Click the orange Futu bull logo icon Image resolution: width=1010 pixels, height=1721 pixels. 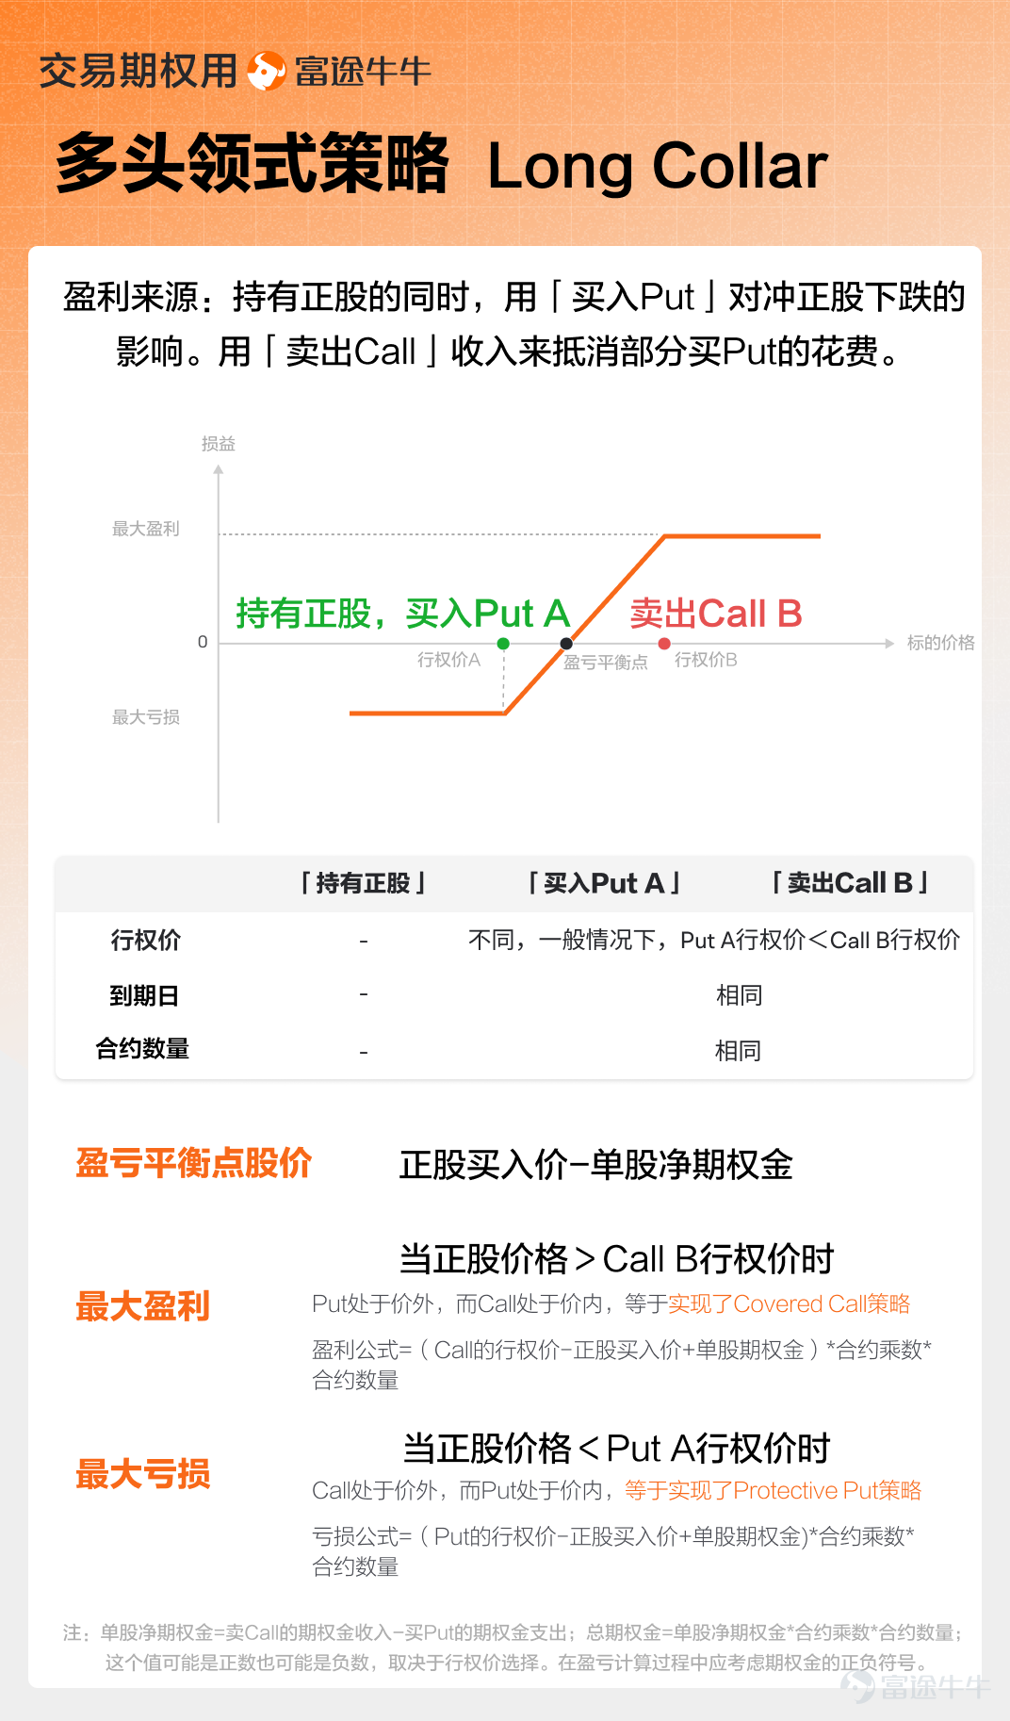click(267, 71)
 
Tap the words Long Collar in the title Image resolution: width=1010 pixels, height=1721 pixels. click(658, 167)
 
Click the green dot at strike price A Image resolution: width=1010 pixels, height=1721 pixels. click(503, 644)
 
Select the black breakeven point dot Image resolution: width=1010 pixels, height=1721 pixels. click(566, 644)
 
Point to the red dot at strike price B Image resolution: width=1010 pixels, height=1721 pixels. click(664, 644)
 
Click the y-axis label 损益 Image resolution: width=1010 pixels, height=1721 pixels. click(219, 444)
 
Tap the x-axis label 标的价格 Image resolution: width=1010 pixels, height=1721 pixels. click(940, 643)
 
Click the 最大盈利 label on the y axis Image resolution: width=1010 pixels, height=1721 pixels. click(146, 529)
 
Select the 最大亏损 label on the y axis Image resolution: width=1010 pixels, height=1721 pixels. click(146, 717)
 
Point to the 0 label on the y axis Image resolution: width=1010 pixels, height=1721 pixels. click(203, 642)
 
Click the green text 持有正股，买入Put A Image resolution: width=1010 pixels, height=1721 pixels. click(403, 614)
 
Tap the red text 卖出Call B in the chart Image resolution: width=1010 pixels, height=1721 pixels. click(716, 614)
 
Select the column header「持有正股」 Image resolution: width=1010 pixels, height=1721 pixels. click(364, 883)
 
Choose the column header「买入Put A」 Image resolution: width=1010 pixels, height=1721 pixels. click(604, 883)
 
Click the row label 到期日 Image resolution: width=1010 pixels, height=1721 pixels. click(144, 995)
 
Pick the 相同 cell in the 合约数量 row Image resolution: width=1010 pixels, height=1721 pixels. click(738, 1050)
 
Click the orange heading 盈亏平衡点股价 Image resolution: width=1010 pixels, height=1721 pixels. click(194, 1163)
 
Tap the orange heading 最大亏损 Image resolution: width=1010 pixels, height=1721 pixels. click(143, 1474)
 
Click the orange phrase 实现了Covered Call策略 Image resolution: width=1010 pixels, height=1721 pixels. click(790, 1303)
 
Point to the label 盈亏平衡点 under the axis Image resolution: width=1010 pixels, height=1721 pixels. click(606, 663)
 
